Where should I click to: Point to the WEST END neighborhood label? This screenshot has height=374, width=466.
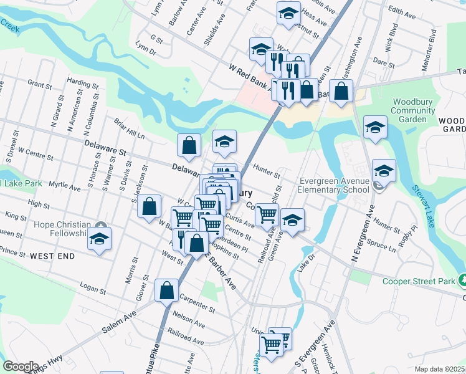tap(52, 256)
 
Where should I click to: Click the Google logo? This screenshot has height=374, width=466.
tap(21, 367)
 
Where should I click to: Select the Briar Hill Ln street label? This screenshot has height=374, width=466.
tap(129, 128)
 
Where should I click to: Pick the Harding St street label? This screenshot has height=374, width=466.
tap(79, 82)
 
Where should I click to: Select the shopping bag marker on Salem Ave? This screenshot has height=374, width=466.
tap(167, 290)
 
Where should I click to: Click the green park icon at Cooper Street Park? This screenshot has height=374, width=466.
tap(462, 281)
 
